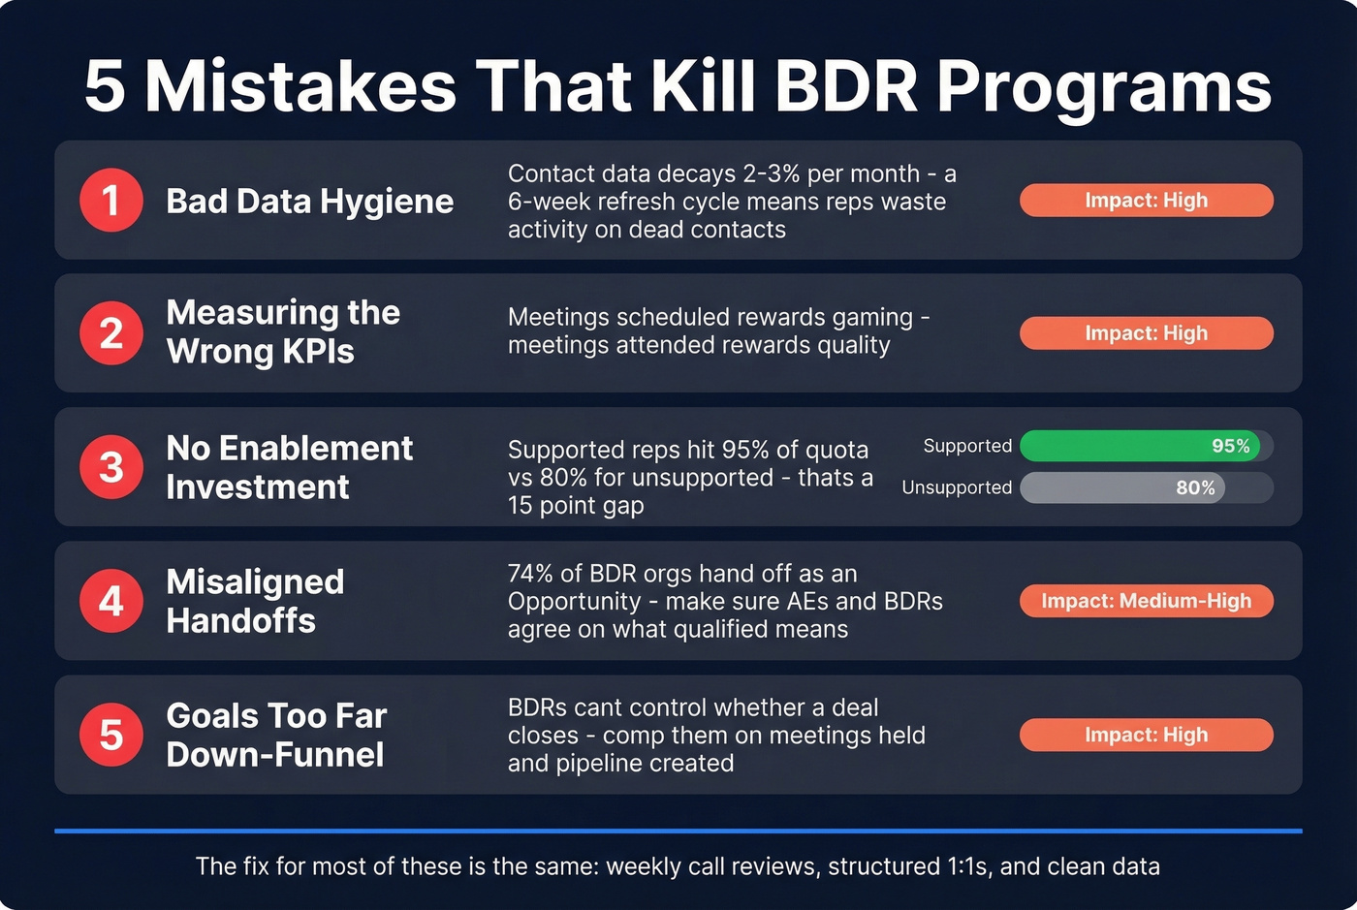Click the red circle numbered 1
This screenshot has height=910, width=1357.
click(x=111, y=201)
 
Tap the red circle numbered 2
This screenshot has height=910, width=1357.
click(x=111, y=333)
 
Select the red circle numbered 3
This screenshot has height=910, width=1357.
click(x=111, y=467)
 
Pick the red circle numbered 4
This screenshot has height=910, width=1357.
click(x=111, y=601)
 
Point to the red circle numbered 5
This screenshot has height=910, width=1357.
click(x=111, y=735)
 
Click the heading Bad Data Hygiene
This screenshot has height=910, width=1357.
click(x=309, y=202)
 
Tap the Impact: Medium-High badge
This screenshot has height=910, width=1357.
click(x=1146, y=601)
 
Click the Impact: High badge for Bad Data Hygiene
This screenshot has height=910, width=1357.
click(x=1146, y=201)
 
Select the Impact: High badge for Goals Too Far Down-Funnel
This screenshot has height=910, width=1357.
click(x=1146, y=735)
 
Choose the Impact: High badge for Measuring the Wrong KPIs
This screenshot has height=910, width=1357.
click(x=1146, y=333)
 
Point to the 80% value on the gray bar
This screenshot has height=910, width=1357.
click(x=1195, y=487)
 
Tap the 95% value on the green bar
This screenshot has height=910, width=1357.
click(x=1230, y=446)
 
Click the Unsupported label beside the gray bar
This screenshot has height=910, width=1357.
click(x=957, y=487)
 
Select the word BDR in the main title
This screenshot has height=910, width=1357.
click(x=846, y=86)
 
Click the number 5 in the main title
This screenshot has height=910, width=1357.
click(x=106, y=86)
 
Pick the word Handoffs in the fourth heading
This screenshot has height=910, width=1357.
click(x=240, y=620)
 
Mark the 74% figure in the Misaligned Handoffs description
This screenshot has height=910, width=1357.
click(x=530, y=574)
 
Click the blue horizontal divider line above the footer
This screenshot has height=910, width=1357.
click(x=678, y=831)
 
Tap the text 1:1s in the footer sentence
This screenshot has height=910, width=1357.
click(x=964, y=866)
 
